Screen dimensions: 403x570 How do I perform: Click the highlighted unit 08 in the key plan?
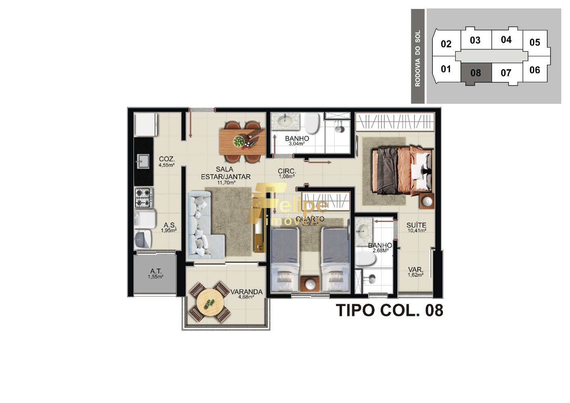(476, 73)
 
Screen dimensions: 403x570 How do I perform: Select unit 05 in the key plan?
(535, 42)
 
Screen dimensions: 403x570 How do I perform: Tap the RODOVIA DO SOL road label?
(417, 58)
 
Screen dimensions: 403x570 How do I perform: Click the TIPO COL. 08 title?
(389, 310)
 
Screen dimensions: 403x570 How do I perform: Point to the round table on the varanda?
(210, 302)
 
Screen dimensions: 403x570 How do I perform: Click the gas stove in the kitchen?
(144, 197)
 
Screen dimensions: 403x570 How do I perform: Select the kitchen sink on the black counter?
(143, 161)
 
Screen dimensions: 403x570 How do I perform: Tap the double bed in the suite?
(401, 170)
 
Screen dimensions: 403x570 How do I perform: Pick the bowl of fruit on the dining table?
(239, 141)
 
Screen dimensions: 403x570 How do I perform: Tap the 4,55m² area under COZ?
(167, 165)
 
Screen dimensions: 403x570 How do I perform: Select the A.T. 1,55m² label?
(156, 274)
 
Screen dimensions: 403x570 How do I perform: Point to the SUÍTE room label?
(416, 225)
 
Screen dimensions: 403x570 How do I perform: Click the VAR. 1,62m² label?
(415, 272)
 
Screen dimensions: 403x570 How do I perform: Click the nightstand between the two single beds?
(310, 283)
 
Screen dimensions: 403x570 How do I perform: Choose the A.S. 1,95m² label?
(169, 227)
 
